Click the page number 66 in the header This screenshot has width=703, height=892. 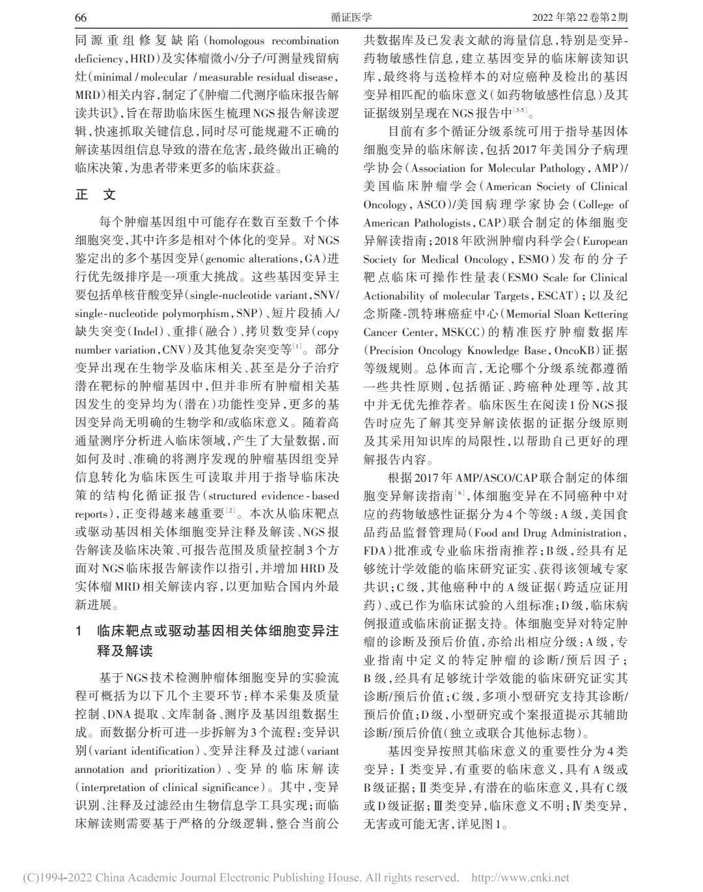(x=81, y=17)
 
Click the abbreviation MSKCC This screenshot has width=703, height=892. (x=441, y=332)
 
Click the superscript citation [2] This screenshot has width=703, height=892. (x=231, y=510)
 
